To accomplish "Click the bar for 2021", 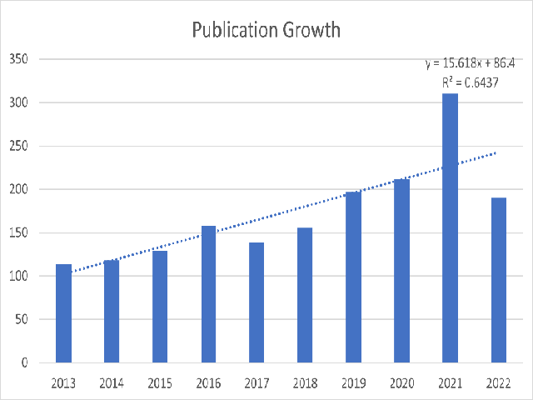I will (x=450, y=228).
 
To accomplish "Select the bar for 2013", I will (x=63, y=313).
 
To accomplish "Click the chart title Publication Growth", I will (x=266, y=30).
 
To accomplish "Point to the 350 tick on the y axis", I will (x=18, y=59).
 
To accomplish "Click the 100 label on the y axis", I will (x=18, y=276).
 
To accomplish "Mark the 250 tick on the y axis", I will (x=18, y=146).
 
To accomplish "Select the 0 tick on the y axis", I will (x=24, y=362).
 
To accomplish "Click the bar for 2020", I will (x=401, y=271).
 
